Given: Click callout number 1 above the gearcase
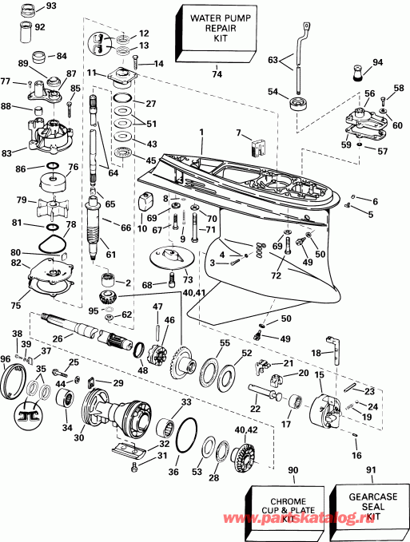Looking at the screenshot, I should [201, 132].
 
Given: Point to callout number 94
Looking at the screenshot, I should [378, 61].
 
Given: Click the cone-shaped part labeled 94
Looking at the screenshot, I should [356, 75].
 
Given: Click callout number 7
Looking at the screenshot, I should [238, 132].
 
